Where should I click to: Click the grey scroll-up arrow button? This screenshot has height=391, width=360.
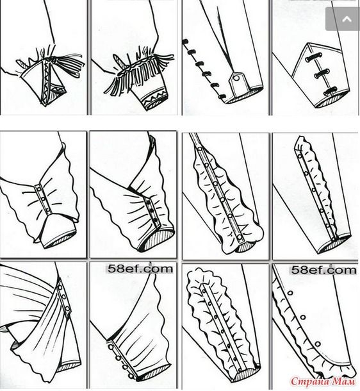click(343, 19)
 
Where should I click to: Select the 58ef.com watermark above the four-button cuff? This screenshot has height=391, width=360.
click(140, 269)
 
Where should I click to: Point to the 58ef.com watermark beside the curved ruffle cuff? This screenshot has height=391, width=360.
click(323, 270)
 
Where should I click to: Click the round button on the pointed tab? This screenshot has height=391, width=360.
click(236, 79)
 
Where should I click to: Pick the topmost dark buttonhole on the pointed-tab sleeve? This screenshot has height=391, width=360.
click(186, 41)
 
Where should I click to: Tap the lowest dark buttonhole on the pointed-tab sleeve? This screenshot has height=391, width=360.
click(222, 97)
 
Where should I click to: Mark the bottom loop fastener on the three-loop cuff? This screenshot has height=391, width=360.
click(331, 91)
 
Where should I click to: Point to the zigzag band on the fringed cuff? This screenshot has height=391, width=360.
click(154, 96)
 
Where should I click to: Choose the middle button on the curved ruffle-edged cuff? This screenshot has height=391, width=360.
click(303, 317)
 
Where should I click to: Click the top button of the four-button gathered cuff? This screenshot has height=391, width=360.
click(110, 346)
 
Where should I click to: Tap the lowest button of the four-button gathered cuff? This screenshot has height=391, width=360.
click(130, 376)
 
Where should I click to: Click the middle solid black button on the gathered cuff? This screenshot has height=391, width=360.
click(152, 210)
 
